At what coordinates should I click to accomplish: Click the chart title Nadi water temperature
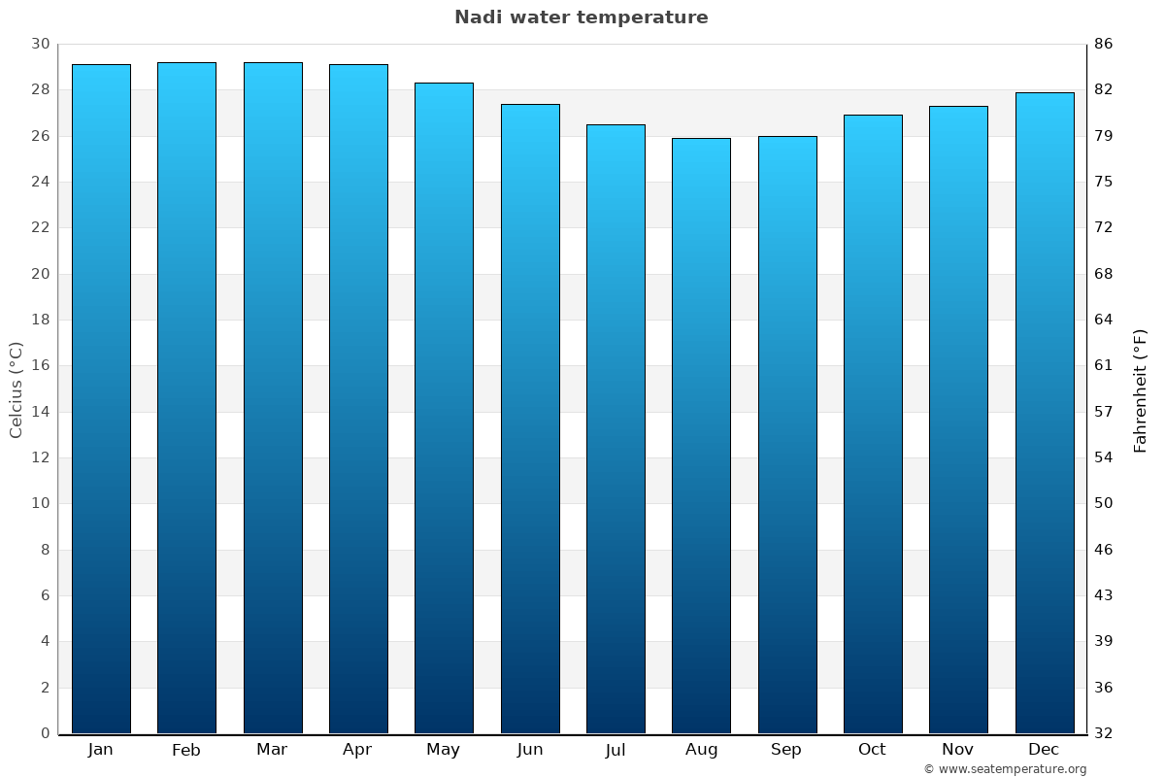point(581,17)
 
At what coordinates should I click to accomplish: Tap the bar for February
point(186,398)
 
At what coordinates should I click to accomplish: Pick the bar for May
point(444,408)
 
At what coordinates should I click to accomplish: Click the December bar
point(1044,413)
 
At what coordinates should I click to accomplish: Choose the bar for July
point(616,428)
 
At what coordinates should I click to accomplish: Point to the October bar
point(873,423)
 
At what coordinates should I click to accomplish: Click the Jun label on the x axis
point(530,750)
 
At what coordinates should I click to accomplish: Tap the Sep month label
point(786,750)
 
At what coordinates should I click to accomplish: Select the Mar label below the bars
point(272,750)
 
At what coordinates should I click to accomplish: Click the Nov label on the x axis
point(958,750)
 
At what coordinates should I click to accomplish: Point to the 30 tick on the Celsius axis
point(40,44)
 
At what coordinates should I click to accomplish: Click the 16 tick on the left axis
point(40,366)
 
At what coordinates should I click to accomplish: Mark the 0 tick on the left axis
point(45,733)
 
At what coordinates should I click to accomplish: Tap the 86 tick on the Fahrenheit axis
point(1104,44)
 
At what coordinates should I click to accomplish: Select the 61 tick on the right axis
point(1104,366)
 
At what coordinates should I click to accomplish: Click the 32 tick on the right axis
point(1104,733)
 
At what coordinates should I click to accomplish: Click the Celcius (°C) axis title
point(16,389)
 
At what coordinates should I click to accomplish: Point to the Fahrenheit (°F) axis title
point(1141,389)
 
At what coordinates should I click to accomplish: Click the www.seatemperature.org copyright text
point(1005,769)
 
